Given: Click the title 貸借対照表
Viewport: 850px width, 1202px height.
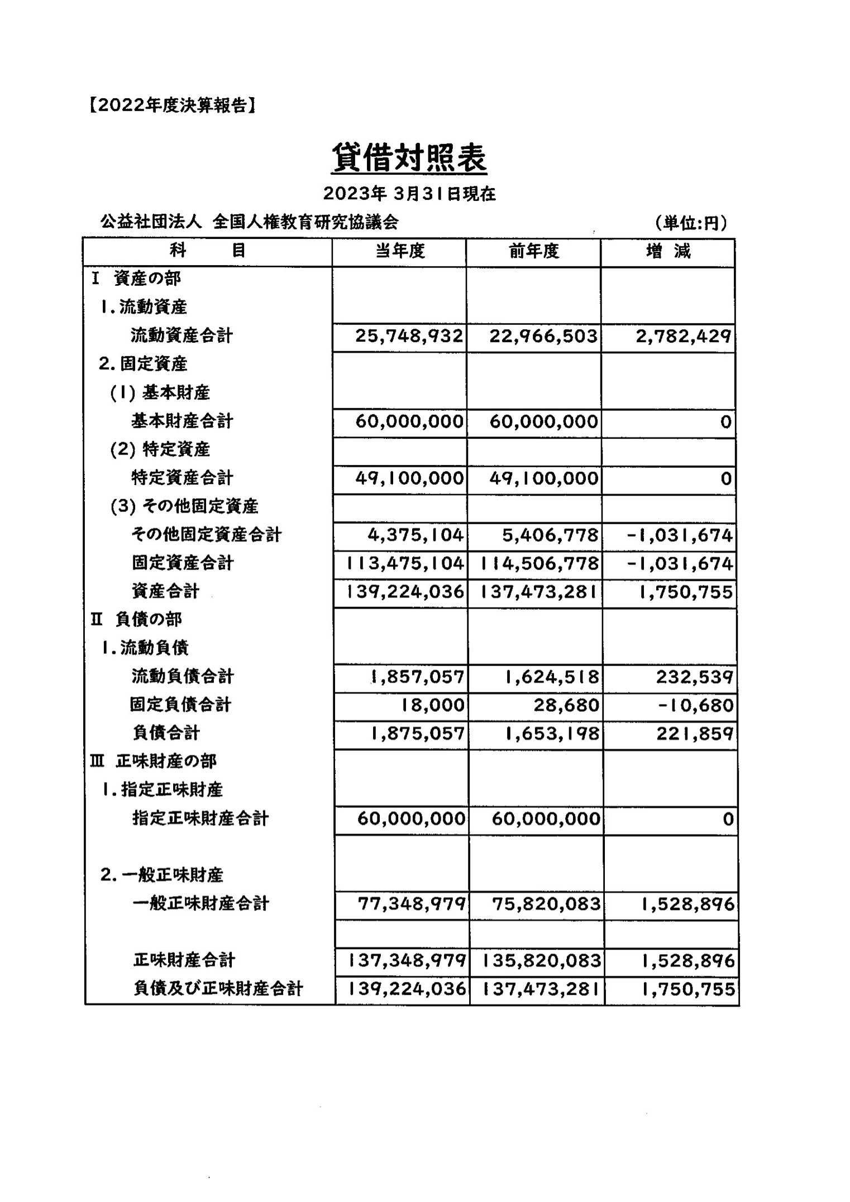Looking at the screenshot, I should click(409, 158).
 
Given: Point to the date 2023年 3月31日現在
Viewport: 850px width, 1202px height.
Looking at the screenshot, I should click(409, 194).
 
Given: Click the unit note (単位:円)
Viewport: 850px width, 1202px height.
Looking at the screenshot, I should click(691, 223).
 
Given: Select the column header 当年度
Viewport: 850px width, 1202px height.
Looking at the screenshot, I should click(400, 252).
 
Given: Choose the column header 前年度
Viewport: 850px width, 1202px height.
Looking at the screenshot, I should click(534, 252).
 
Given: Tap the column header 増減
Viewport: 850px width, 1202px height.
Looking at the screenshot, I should click(668, 252).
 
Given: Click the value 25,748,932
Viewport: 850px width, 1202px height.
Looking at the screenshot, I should click(409, 336).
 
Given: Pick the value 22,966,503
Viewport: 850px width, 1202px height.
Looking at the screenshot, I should click(543, 336).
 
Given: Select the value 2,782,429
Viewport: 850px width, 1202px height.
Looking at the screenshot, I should click(684, 337).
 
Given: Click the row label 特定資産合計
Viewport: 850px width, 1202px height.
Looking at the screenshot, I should click(182, 478).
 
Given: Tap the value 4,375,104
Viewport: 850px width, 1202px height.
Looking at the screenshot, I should click(416, 535).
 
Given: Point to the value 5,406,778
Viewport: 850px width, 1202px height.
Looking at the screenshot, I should click(550, 535).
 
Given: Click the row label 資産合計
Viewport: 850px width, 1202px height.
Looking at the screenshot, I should click(165, 591).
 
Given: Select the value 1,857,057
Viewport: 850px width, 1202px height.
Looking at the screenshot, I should click(418, 677).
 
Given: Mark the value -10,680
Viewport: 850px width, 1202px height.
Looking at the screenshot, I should click(695, 706).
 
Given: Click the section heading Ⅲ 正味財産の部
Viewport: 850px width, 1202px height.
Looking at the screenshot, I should click(153, 762).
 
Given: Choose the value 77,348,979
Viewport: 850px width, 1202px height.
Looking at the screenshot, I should click(412, 904).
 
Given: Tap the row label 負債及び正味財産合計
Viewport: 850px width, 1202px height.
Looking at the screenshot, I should click(218, 989).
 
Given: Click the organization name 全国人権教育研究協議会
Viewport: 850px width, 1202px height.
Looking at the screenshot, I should click(305, 222).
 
